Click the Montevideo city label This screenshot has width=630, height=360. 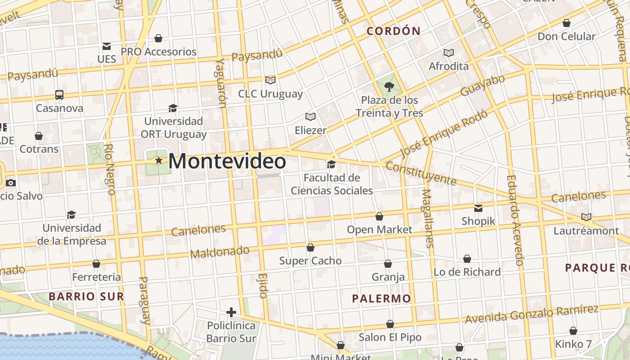(x=227, y=162)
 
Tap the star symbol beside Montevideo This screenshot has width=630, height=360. (x=158, y=160)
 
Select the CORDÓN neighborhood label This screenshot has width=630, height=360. (x=393, y=31)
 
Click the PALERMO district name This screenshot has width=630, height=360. (x=382, y=298)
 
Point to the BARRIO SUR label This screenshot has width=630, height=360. (x=86, y=296)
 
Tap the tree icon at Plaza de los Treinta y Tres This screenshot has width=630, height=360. (x=389, y=87)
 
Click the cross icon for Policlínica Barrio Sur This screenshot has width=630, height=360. (x=231, y=312)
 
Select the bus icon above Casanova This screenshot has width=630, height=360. (x=59, y=94)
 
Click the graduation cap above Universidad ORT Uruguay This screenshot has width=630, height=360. (x=173, y=108)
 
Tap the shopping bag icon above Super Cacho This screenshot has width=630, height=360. (x=310, y=247)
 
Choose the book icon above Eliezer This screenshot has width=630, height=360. (x=310, y=117)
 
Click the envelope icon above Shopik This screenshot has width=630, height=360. (x=478, y=208)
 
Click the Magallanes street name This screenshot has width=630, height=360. (x=428, y=218)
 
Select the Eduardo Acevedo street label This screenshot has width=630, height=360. (x=514, y=220)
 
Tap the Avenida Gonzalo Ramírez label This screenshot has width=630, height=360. (x=531, y=314)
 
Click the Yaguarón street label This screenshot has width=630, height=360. (x=220, y=83)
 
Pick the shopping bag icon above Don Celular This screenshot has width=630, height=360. (x=567, y=23)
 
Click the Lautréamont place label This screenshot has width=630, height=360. (x=586, y=231)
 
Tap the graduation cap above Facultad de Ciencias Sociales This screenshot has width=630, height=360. (x=332, y=165)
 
